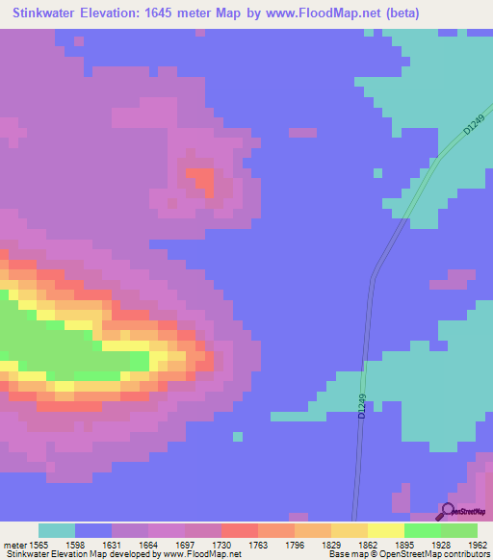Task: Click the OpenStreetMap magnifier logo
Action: tap(447, 511)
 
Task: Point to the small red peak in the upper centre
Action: tap(200, 179)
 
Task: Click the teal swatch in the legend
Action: tap(57, 530)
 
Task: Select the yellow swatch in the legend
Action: tap(386, 530)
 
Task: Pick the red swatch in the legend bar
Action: tap(240, 530)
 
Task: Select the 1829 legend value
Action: tap(331, 545)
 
